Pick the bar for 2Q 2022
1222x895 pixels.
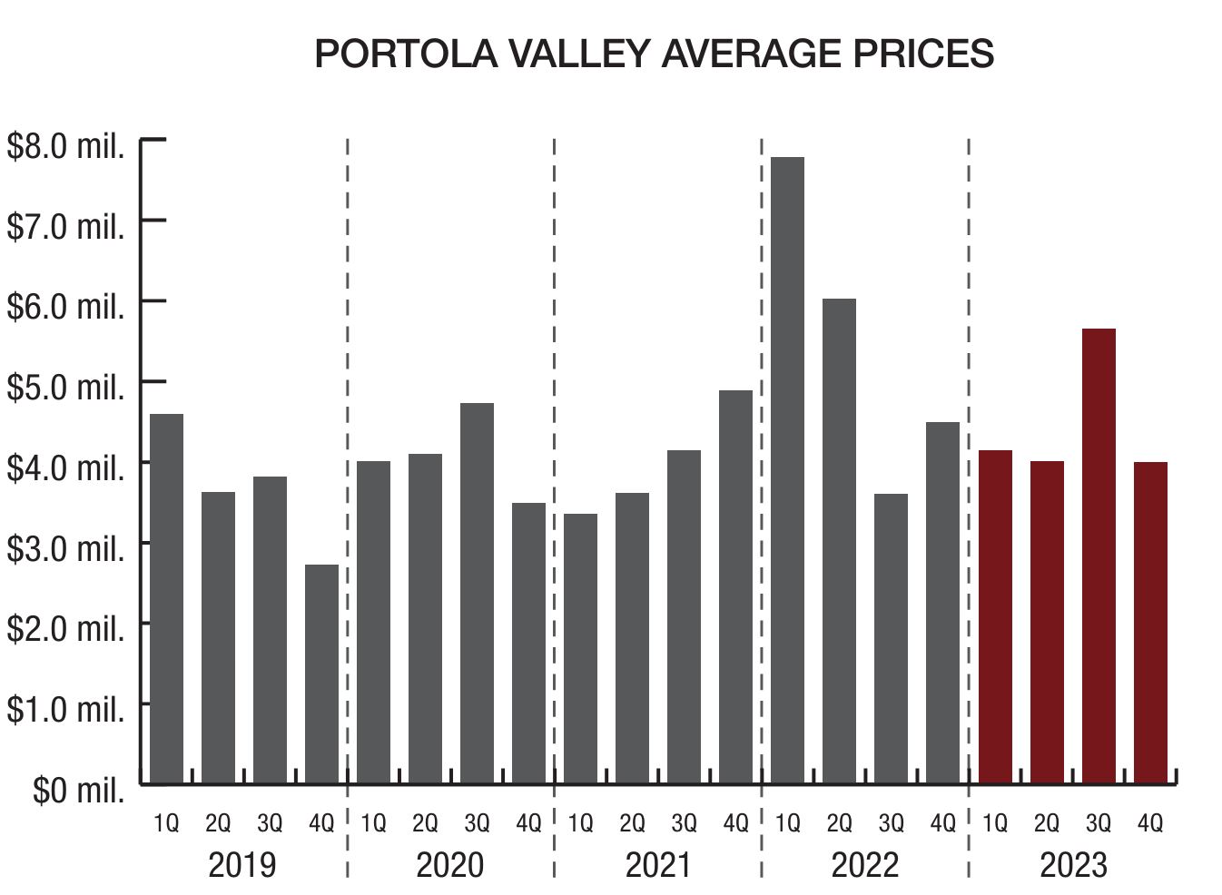[x=839, y=541]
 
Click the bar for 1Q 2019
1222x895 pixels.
[x=166, y=598]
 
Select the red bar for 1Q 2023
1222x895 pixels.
[x=995, y=616]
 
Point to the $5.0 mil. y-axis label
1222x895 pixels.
[x=65, y=387]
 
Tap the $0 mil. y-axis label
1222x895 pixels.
[x=78, y=790]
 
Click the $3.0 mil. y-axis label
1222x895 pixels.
[x=65, y=548]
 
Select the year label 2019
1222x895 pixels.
[x=242, y=865]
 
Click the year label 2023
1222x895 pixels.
[x=1073, y=865]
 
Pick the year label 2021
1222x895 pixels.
[x=658, y=865]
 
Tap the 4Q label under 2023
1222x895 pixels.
[x=1150, y=823]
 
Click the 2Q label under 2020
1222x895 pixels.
[x=425, y=823]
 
